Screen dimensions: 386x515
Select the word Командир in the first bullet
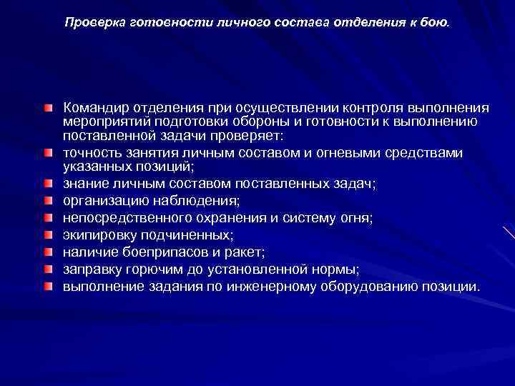(x=96, y=107)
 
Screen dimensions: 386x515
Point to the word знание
(x=85, y=184)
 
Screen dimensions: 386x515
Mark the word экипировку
(x=100, y=234)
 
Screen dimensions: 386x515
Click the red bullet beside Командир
(x=47, y=107)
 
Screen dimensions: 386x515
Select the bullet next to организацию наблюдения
(x=47, y=201)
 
